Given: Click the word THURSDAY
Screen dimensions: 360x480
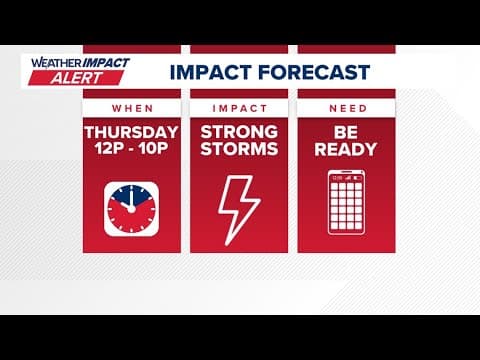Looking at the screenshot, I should pos(131,133).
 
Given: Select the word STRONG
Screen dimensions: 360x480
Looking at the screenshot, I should pos(239,133).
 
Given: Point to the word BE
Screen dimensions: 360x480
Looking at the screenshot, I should pos(347,133).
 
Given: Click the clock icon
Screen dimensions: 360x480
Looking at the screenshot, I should pos(131,208).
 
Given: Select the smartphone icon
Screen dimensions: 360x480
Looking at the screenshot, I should pos(347,208).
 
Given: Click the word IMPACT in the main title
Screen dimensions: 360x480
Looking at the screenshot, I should pos(209,72).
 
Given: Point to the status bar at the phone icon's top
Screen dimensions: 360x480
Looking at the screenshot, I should pos(347,176).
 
